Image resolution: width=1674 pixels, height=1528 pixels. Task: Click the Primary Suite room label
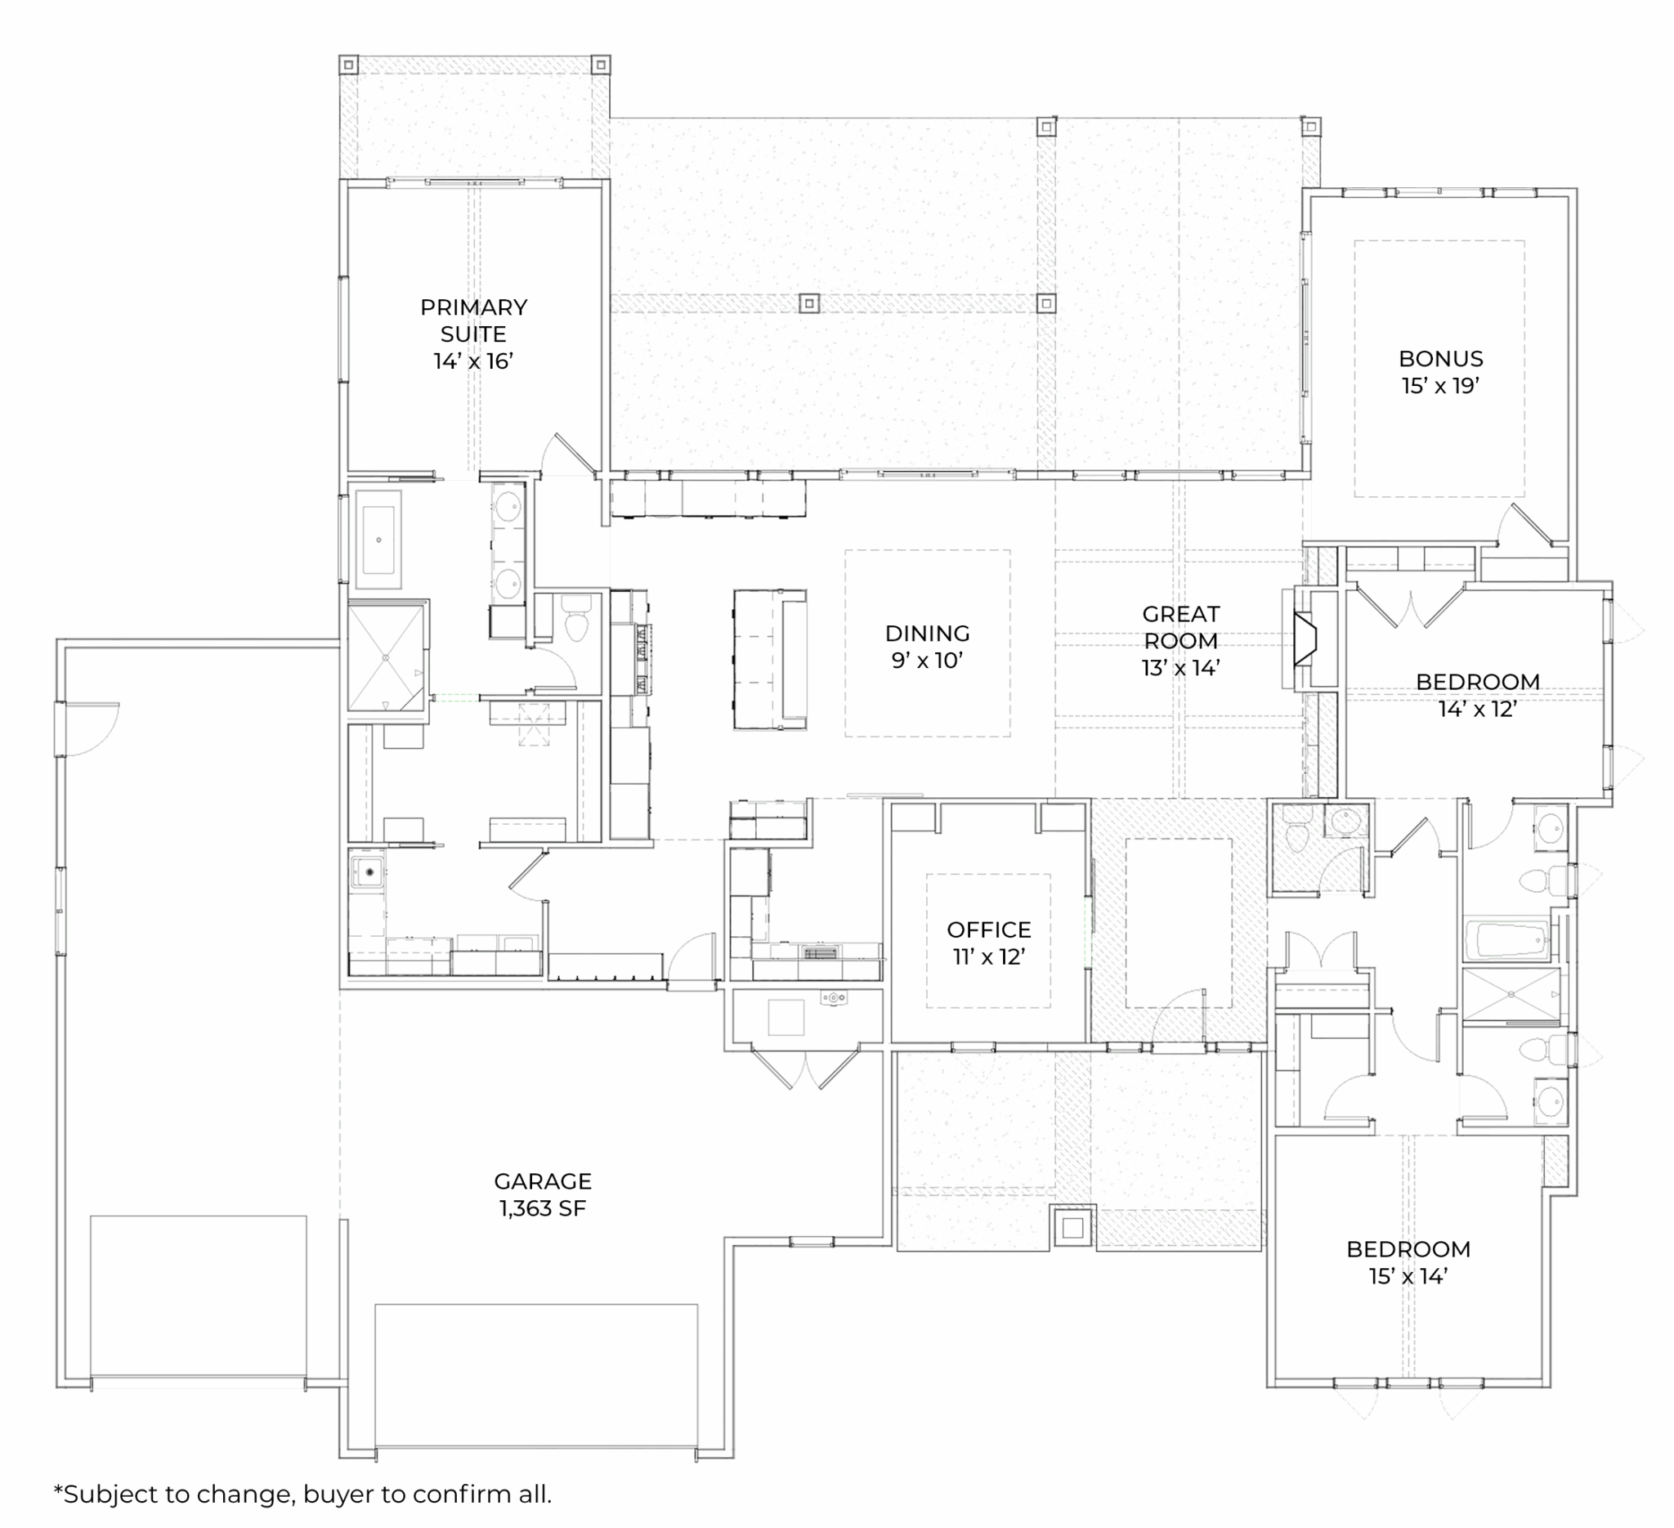point(473,334)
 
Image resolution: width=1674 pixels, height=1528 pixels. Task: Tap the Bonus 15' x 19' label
point(1441,372)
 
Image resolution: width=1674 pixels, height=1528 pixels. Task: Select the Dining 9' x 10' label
point(928,647)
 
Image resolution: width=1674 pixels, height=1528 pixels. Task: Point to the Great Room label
point(1181,640)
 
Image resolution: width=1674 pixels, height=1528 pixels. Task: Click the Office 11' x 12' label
point(989,943)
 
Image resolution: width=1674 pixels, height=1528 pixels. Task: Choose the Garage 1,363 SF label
point(543,1194)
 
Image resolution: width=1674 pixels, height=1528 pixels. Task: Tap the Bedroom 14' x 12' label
point(1478,695)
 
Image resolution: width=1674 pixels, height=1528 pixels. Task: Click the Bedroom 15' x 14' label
point(1408,1262)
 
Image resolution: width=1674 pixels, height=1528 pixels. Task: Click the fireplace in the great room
point(1305,639)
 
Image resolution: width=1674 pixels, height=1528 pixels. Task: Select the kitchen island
point(770,660)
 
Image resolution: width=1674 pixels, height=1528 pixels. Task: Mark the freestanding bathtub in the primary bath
point(378,539)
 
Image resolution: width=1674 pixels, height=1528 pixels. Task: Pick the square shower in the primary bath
point(386,657)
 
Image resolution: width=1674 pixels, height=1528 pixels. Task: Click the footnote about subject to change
point(302,1494)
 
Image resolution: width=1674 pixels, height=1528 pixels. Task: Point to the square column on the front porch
point(1073,1227)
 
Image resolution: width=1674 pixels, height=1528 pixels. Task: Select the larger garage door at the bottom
point(535,1376)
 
